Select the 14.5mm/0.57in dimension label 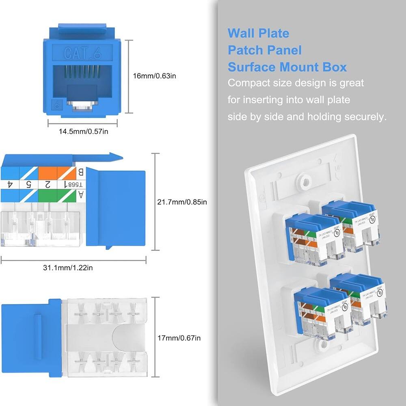point(83,131)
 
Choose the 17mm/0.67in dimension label point(179,337)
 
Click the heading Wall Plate point(258,33)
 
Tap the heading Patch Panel point(264,50)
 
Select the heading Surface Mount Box point(287,67)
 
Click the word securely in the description point(365,117)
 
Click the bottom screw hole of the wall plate point(322,346)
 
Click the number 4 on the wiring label point(10,184)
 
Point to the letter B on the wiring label point(80,172)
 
